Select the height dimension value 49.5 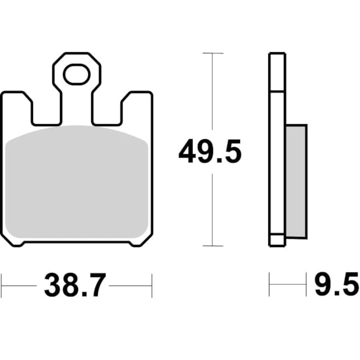click(209, 152)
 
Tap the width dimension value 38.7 click(74, 286)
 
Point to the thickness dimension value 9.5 click(336, 286)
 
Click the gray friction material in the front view click(77, 183)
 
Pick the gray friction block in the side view click(295, 180)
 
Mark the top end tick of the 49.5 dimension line click(213, 53)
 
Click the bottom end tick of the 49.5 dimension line click(213, 245)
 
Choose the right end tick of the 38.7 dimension click(152, 286)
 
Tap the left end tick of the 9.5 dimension click(269, 286)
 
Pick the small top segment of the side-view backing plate click(277, 72)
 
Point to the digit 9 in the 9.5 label click(323, 286)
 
